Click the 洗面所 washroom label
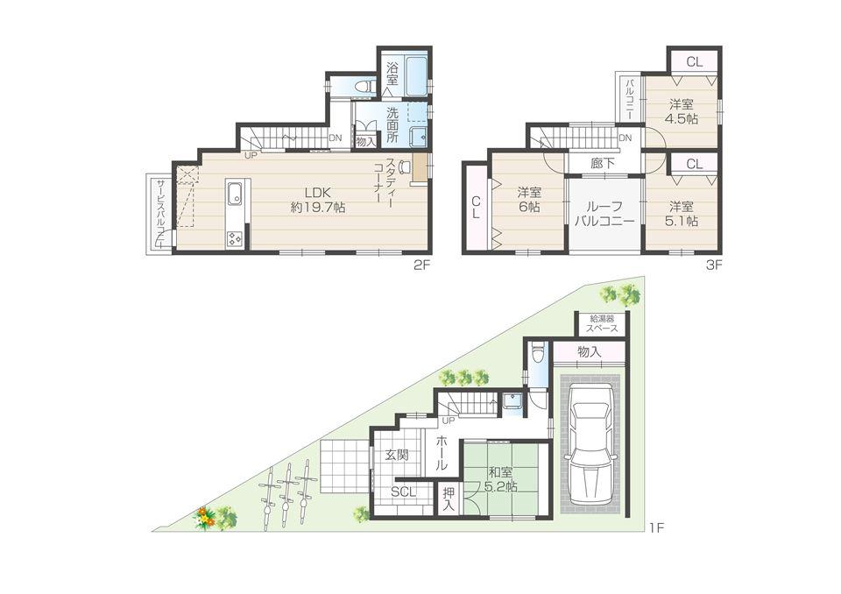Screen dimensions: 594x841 pyautogui.click(x=392, y=125)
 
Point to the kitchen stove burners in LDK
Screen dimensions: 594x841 pyautogui.click(x=236, y=237)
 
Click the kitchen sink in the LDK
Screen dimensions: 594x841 pyautogui.click(x=235, y=193)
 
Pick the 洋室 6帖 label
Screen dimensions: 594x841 pyautogui.click(x=527, y=201)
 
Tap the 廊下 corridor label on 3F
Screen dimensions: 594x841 pyautogui.click(x=602, y=164)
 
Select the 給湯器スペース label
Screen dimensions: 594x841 pyautogui.click(x=601, y=323)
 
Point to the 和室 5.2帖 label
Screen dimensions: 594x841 pyautogui.click(x=503, y=479)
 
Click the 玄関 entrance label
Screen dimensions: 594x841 pyautogui.click(x=396, y=455)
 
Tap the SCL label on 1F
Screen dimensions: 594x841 pyautogui.click(x=404, y=491)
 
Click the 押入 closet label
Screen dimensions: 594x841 pyautogui.click(x=449, y=499)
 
